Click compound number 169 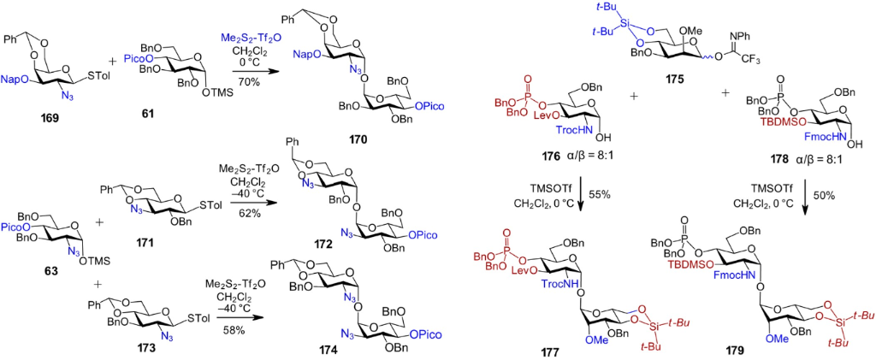click(29, 117)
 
